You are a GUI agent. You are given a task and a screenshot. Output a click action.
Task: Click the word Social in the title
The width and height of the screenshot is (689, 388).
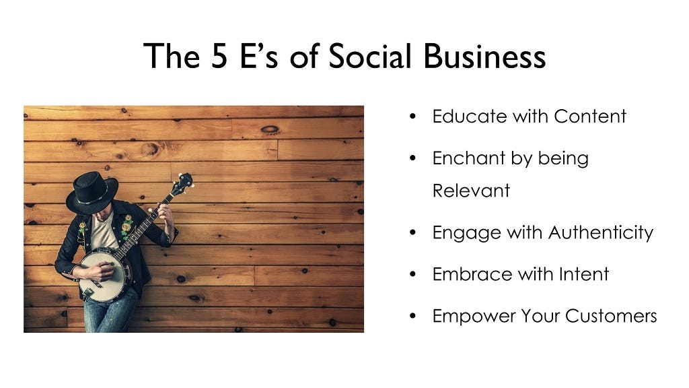click(370, 56)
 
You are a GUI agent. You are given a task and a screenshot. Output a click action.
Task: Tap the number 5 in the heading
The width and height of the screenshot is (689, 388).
click(219, 57)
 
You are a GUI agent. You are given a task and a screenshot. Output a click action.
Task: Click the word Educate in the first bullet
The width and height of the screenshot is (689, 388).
click(469, 116)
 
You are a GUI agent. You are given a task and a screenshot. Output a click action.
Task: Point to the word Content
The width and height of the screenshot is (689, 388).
click(589, 116)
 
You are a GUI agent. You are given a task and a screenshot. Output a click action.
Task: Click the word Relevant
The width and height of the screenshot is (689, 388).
click(471, 191)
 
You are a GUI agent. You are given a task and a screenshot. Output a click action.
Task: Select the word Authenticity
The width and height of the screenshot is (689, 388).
click(601, 233)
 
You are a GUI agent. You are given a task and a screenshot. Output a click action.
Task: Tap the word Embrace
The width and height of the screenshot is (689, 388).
click(472, 274)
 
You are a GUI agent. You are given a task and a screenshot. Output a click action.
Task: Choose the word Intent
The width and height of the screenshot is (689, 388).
click(583, 274)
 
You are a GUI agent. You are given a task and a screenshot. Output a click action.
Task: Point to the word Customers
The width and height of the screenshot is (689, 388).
click(611, 316)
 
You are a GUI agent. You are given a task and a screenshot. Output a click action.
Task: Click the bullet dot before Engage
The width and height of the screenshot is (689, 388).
click(412, 232)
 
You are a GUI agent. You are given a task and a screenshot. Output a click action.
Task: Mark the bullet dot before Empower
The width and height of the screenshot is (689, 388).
click(412, 316)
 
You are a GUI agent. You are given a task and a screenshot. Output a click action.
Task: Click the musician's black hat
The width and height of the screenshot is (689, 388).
click(92, 193)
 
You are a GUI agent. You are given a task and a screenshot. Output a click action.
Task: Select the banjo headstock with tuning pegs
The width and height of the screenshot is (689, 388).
click(182, 183)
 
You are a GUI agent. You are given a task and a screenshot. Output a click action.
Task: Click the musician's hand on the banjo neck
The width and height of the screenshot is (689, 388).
click(167, 215)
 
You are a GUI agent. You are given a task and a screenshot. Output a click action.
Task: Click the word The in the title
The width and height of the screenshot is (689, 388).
click(172, 56)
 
